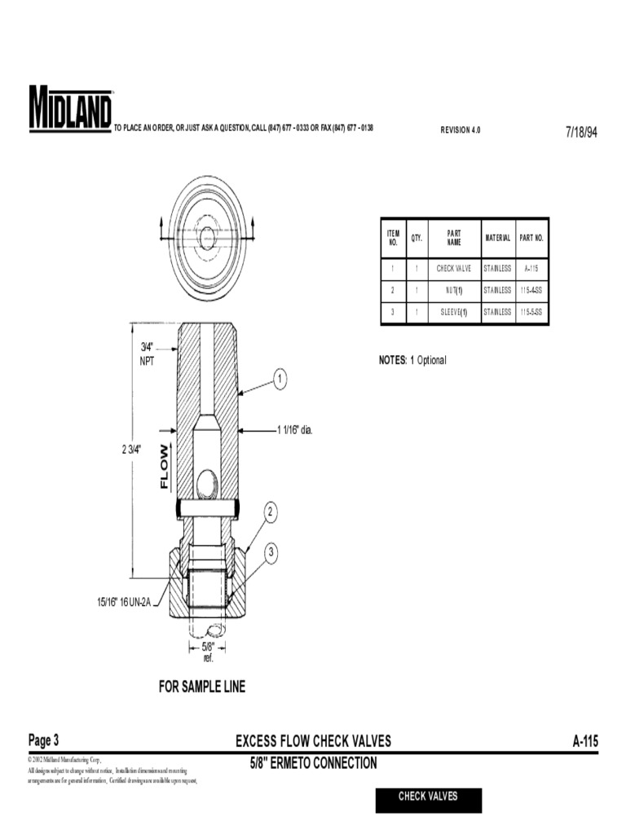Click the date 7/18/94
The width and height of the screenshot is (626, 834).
pos(581,132)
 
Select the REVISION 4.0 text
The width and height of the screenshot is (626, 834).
pos(461,130)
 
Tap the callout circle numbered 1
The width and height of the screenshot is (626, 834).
pos(279,378)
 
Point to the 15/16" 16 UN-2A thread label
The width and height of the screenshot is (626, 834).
pos(124,602)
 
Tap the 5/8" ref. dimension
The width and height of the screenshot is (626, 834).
pos(208,652)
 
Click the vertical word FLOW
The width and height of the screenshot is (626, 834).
pos(165,466)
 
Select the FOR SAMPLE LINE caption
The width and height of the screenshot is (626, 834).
pos(201,687)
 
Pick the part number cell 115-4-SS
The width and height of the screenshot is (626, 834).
pos(531,290)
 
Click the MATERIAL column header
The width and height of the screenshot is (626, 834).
pos(497,239)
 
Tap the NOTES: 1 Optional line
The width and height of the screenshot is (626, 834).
pos(412,360)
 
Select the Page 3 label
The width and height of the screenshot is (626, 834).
pos(43,740)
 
